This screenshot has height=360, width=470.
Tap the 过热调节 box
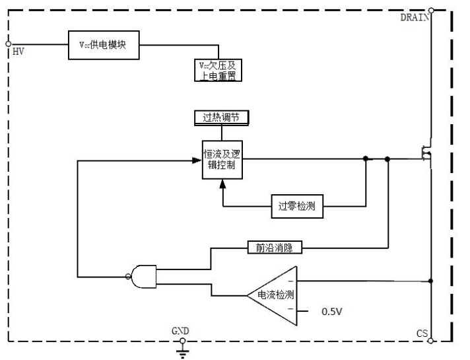click(221, 118)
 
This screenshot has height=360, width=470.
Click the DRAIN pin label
click(415, 17)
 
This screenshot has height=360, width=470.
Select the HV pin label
click(18, 52)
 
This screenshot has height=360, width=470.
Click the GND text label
click(180, 331)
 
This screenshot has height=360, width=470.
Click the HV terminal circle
click(8, 44)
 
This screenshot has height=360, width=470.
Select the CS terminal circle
click(431, 341)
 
